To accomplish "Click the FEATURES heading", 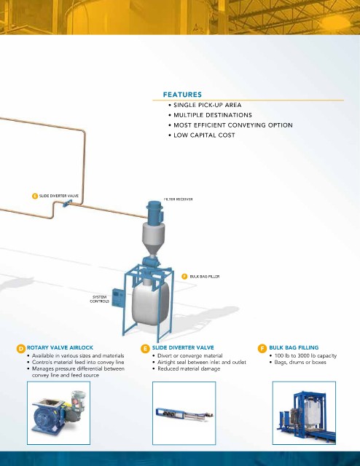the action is click(182, 95).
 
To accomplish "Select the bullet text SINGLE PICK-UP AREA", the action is click(208, 105).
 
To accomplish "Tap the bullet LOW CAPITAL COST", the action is click(204, 135).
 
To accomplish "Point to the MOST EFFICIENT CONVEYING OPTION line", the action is click(233, 125).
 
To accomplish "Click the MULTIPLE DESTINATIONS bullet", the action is click(213, 115).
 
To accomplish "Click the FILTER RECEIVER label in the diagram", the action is click(179, 199).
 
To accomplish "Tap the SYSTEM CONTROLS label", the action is click(99, 299).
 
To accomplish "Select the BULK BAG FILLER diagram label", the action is click(205, 277).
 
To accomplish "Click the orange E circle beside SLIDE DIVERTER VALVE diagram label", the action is click(35, 196).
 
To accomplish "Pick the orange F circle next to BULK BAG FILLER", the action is click(184, 277).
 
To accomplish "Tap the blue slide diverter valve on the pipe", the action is click(67, 203).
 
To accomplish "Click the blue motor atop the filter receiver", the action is click(154, 210).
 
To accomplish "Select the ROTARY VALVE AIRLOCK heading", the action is click(60, 348).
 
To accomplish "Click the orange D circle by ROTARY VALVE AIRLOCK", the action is click(21, 349).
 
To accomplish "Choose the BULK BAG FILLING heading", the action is click(294, 348).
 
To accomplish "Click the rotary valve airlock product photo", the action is click(58, 413).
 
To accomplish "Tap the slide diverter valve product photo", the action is click(184, 413).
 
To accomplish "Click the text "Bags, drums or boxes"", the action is click(300, 363).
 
